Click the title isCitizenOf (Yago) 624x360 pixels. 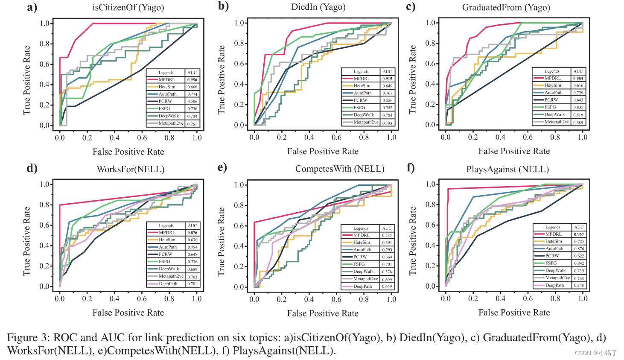[128, 7]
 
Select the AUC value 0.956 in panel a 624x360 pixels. [192, 80]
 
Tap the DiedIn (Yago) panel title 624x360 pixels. [318, 7]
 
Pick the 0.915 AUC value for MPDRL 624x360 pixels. [387, 79]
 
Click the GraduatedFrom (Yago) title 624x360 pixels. [506, 7]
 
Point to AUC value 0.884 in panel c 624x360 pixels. [578, 78]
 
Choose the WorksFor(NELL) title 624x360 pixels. [131, 169]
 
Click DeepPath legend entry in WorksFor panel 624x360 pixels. [168, 284]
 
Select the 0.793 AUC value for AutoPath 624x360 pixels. [387, 250]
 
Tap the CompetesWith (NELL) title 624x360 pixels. [340, 169]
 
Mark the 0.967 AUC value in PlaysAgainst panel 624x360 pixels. [579, 234]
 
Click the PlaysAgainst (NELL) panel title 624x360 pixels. [507, 169]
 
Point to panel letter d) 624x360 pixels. [32, 168]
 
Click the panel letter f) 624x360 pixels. [411, 167]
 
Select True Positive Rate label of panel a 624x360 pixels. [27, 80]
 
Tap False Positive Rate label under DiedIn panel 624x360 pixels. [323, 151]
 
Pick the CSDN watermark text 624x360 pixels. [596, 353]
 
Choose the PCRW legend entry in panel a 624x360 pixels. [165, 102]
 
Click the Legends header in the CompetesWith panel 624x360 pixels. [361, 228]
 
